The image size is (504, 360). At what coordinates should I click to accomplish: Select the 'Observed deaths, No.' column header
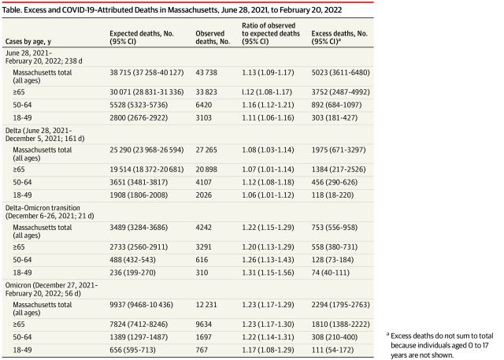pyautogui.click(x=212, y=35)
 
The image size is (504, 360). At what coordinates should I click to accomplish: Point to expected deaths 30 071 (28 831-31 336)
pyautogui.click(x=147, y=89)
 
